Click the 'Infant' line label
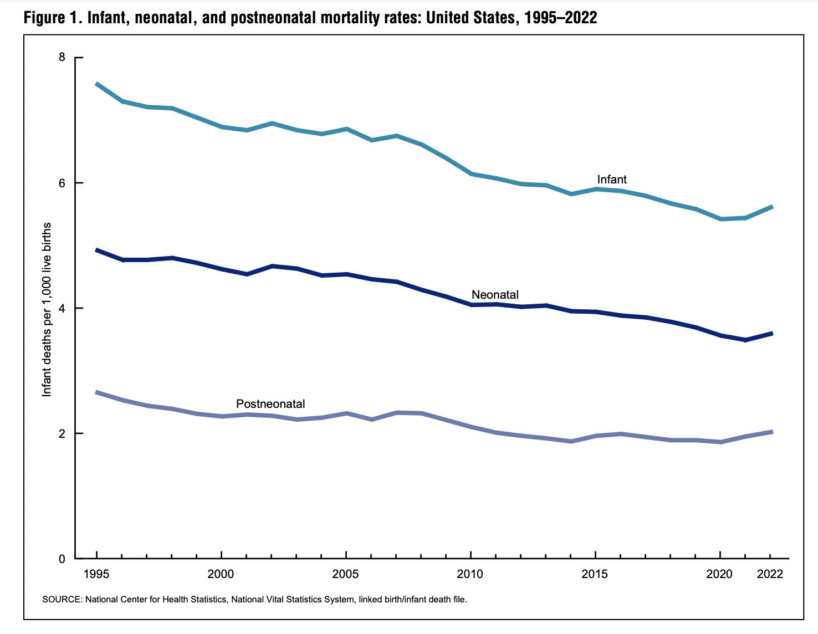click(x=612, y=180)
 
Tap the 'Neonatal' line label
click(x=495, y=295)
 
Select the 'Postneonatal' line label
click(x=270, y=404)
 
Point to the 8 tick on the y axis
click(x=62, y=58)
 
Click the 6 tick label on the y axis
click(x=62, y=183)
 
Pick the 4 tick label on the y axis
click(x=62, y=308)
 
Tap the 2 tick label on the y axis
click(x=62, y=433)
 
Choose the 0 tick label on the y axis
click(x=62, y=559)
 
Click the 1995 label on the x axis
click(x=97, y=574)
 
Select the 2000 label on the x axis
click(x=221, y=574)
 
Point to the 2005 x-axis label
click(x=346, y=574)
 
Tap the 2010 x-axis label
click(x=471, y=574)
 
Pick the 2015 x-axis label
click(x=595, y=574)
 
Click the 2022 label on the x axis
click(x=770, y=574)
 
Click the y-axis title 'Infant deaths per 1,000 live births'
click(x=47, y=309)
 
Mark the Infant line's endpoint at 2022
click(x=771, y=207)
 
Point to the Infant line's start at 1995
click(x=97, y=84)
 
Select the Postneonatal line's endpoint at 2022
click(x=771, y=432)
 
